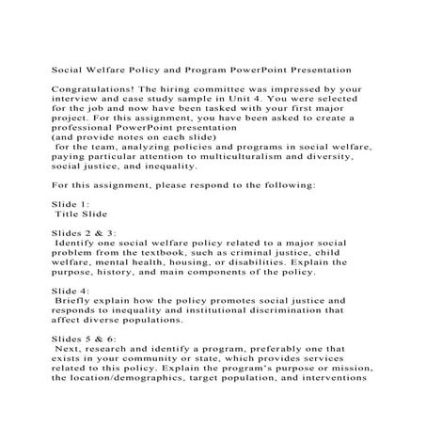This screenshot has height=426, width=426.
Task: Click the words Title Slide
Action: click(83, 213)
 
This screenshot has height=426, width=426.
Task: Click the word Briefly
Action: click(80, 303)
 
